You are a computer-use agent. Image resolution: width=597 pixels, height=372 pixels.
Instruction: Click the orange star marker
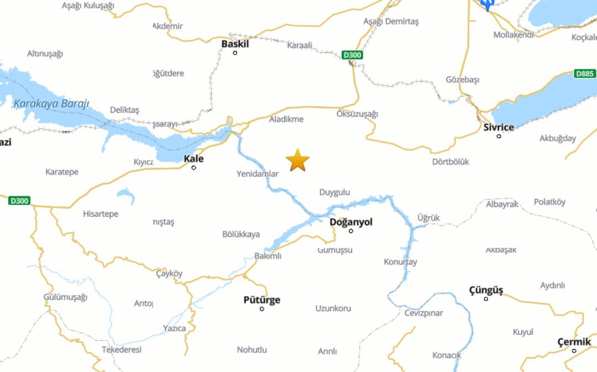click(x=297, y=160)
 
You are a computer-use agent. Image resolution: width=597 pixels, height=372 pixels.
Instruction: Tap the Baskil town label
click(x=235, y=44)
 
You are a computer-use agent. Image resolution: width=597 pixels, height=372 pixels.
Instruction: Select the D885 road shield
click(x=585, y=74)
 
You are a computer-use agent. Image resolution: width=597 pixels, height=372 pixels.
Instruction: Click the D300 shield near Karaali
click(x=352, y=55)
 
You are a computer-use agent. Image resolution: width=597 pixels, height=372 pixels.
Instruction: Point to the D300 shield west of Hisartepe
click(x=19, y=201)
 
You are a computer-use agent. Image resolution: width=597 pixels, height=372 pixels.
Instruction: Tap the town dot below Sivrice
click(x=499, y=136)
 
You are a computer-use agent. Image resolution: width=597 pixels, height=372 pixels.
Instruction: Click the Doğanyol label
click(x=351, y=222)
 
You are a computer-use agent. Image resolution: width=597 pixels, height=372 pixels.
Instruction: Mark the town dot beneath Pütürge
click(x=262, y=309)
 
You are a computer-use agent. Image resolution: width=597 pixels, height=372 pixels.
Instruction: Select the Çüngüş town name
click(x=486, y=290)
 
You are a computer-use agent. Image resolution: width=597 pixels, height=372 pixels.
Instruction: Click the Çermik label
click(x=574, y=342)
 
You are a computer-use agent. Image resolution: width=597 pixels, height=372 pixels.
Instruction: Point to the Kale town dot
click(x=193, y=167)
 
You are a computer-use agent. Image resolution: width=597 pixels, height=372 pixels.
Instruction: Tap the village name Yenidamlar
click(x=258, y=174)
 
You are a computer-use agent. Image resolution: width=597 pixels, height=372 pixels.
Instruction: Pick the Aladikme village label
click(x=286, y=119)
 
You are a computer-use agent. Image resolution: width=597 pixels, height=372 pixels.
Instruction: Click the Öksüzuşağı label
click(x=357, y=114)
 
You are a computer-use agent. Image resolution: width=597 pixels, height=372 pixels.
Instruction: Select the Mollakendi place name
click(x=514, y=34)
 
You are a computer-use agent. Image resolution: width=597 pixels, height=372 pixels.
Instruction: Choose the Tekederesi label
click(x=122, y=349)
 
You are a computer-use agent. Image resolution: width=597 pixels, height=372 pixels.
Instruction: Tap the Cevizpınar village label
click(x=423, y=313)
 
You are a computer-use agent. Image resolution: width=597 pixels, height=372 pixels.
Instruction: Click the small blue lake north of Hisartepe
click(x=126, y=195)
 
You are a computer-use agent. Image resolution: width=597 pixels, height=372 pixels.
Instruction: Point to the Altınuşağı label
click(x=45, y=54)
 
